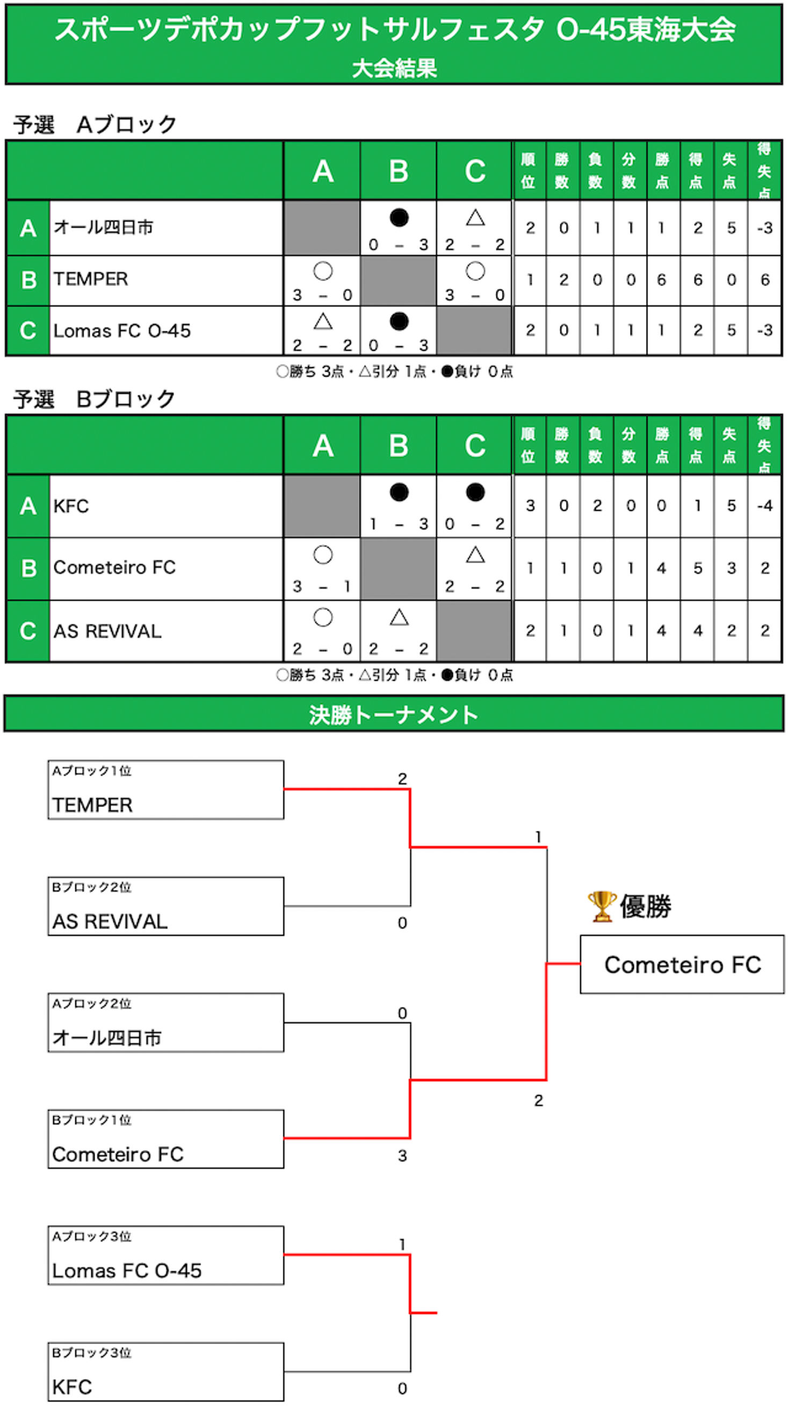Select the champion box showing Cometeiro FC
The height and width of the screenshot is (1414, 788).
(x=682, y=965)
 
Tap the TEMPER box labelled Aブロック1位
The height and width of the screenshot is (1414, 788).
(x=166, y=789)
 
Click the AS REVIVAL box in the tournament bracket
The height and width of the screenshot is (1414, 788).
(x=166, y=906)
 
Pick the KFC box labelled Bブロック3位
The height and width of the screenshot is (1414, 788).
(x=166, y=1372)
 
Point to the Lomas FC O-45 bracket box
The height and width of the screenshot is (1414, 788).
(x=166, y=1255)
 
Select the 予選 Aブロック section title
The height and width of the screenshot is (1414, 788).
(x=95, y=125)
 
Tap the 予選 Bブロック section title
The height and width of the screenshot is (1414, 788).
(x=95, y=399)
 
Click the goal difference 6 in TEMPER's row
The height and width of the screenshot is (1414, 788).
(x=764, y=280)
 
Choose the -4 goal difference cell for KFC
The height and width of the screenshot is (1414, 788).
(x=764, y=506)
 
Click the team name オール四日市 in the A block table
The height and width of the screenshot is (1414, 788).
(x=103, y=227)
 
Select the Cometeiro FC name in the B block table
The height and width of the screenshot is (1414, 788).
(x=114, y=568)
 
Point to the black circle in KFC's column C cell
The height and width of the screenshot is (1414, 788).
(x=475, y=492)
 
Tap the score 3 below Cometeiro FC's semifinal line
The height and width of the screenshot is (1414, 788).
(x=402, y=1155)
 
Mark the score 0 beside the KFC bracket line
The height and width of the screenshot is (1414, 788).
(x=402, y=1388)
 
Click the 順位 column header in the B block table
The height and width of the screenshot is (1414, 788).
(x=529, y=445)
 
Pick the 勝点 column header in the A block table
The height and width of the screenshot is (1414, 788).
(x=662, y=171)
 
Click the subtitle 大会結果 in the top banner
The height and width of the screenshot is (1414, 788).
(x=394, y=69)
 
